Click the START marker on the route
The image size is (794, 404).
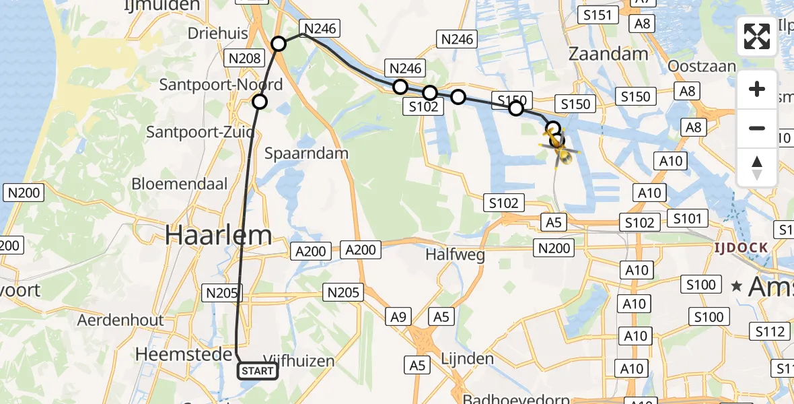(x=258, y=371)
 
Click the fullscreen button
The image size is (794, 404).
(x=757, y=36)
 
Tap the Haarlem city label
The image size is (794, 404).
(x=219, y=235)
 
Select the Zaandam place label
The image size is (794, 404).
(x=609, y=54)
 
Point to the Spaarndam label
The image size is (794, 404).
(x=307, y=153)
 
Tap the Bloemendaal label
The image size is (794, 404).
(x=172, y=183)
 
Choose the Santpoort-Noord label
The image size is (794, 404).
(x=221, y=85)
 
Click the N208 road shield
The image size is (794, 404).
(x=244, y=58)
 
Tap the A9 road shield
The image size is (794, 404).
(x=398, y=316)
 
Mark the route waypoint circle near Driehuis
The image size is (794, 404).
(x=279, y=44)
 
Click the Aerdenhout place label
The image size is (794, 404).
(x=120, y=320)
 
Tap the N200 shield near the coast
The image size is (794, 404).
(x=24, y=193)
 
